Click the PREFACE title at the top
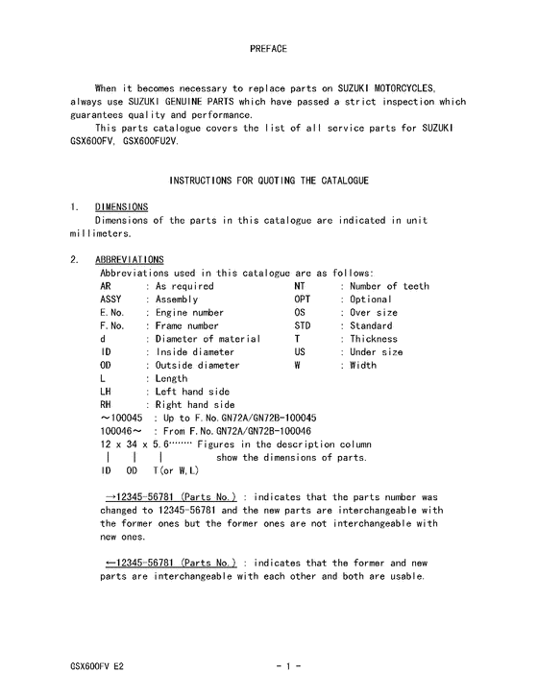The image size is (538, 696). (268, 47)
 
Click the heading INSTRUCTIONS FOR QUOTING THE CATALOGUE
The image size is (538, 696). (268, 180)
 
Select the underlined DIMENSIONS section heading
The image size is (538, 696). (121, 206)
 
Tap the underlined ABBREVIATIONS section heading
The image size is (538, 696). (130, 259)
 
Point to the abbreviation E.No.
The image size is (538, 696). (112, 313)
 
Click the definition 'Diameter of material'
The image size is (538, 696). (208, 339)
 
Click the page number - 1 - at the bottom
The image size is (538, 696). (287, 665)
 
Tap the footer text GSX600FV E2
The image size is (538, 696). (97, 665)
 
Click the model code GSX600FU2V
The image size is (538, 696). (151, 140)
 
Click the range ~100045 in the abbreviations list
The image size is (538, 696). (121, 419)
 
